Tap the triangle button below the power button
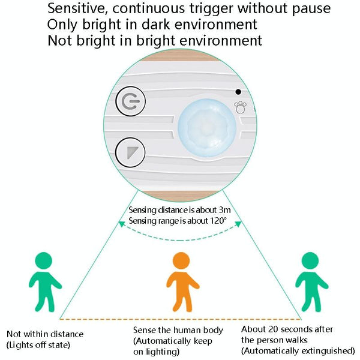point(130,151)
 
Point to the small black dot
point(238,92)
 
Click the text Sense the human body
point(178,330)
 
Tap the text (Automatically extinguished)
point(298,350)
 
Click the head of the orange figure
point(181,261)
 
